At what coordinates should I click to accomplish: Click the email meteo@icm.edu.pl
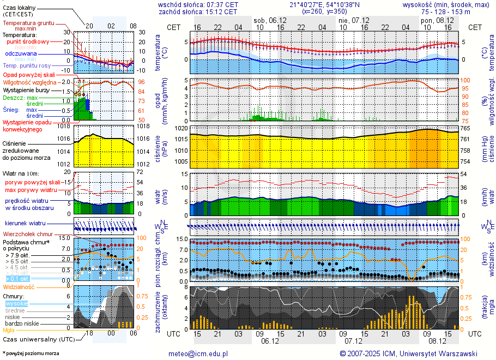click(198, 353)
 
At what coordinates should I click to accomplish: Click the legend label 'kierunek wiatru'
click(25, 224)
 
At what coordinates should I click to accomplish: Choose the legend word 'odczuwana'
click(21, 54)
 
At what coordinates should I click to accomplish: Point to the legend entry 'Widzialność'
click(19, 286)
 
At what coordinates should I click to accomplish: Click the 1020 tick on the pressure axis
click(182, 129)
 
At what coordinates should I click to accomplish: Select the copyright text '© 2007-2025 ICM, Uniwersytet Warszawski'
click(408, 353)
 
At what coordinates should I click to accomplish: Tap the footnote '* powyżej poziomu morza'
click(31, 353)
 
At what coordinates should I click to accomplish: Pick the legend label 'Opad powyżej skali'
click(29, 74)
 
